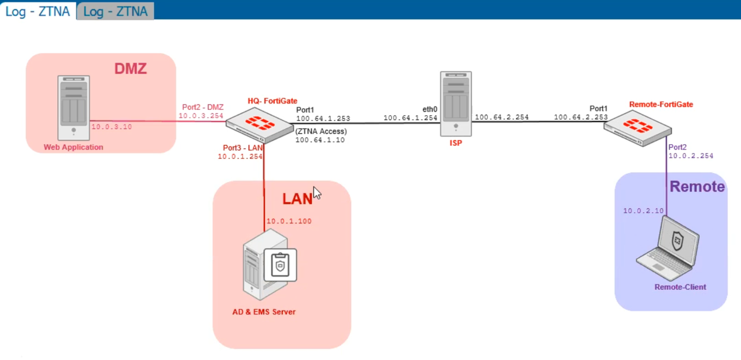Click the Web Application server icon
73,108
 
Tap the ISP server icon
456,103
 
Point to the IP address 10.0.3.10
112,127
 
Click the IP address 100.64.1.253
323,119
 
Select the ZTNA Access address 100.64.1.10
320,140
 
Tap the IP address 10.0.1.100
289,221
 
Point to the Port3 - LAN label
243,148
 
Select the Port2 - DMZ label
203,107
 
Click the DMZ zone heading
131,69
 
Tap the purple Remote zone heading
697,187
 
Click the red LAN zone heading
297,198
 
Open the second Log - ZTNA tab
115,11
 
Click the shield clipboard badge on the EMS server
280,265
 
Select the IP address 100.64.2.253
581,117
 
